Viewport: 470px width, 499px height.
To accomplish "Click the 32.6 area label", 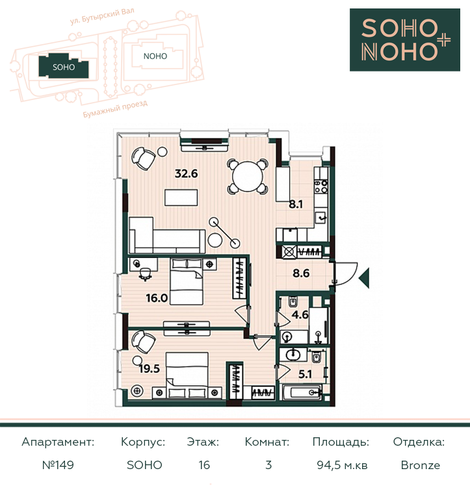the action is click(x=187, y=173).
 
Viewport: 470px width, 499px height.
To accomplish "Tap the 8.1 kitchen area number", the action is click(x=296, y=204).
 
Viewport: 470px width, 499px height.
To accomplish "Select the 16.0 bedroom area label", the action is click(x=157, y=298).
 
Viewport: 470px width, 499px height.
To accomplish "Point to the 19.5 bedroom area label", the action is click(x=149, y=369).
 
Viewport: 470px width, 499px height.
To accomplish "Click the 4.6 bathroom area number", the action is click(x=300, y=314).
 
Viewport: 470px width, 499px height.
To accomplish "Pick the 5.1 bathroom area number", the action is click(x=305, y=374).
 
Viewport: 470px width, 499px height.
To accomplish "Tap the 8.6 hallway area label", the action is click(x=301, y=273).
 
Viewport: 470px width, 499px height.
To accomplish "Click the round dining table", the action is click(x=248, y=177).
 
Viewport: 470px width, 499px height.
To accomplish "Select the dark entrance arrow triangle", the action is click(x=364, y=278).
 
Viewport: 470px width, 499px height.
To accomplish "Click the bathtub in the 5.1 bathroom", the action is click(x=302, y=392).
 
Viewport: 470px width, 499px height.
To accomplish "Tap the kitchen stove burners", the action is click(x=321, y=186).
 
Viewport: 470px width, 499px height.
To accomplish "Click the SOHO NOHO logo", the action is click(x=405, y=40).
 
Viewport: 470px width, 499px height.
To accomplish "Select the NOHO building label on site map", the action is click(x=155, y=57).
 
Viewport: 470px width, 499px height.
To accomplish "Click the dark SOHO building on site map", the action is click(x=64, y=66).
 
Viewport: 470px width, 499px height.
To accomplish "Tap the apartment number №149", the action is click(x=58, y=465).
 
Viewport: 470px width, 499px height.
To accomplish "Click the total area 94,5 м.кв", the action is click(x=342, y=465).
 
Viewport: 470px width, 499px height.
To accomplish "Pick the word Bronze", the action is click(x=421, y=465).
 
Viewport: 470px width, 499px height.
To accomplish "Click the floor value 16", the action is click(x=204, y=465).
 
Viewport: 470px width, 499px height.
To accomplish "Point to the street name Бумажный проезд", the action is click(x=115, y=109).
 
